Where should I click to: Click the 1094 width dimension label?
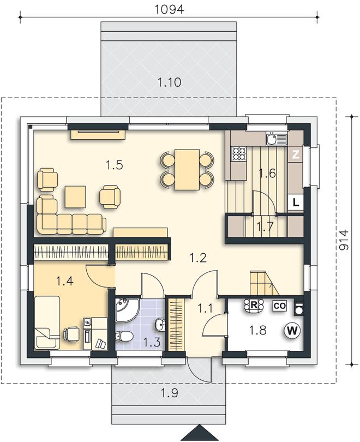click(x=169, y=9)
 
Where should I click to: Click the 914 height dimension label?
click(x=344, y=240)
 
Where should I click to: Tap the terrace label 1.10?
click(x=169, y=82)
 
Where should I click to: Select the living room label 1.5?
click(x=115, y=165)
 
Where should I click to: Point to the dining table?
click(x=187, y=170)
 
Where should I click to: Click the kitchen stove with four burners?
click(x=238, y=154)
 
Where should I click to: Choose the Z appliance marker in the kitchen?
click(x=295, y=154)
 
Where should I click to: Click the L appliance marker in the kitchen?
click(x=296, y=202)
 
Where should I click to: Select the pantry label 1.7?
click(x=265, y=227)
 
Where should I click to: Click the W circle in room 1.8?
click(x=292, y=330)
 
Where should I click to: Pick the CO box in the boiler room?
click(x=280, y=306)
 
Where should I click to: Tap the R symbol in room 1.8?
click(x=254, y=305)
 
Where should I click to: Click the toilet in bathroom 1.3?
click(x=124, y=336)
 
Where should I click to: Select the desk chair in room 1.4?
click(x=71, y=335)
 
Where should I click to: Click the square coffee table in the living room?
click(x=75, y=197)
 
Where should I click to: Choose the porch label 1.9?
click(x=169, y=392)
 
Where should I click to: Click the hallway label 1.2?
click(x=198, y=258)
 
